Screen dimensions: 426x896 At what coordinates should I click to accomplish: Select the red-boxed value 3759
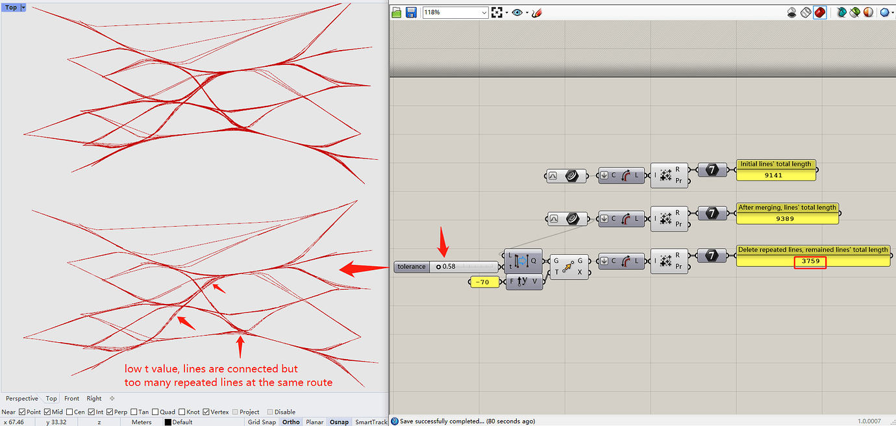point(810,261)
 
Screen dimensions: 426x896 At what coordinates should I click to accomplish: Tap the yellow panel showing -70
point(483,282)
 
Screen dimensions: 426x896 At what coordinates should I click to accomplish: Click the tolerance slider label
point(412,266)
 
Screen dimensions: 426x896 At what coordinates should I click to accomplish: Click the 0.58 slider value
point(449,266)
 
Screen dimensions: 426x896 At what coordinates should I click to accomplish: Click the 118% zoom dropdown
point(454,12)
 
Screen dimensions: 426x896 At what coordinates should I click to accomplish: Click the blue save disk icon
point(411,12)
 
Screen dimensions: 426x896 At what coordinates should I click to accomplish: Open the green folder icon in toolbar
point(397,12)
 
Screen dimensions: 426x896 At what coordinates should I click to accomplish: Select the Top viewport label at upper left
point(11,7)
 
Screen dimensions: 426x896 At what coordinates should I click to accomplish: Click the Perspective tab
point(21,398)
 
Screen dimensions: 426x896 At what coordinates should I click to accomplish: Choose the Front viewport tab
point(72,398)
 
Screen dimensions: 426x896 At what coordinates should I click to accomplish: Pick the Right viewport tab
point(94,398)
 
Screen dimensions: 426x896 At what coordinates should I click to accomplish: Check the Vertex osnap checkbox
point(206,412)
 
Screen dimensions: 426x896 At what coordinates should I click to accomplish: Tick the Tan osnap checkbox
point(134,412)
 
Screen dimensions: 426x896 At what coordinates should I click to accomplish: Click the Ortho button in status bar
point(291,422)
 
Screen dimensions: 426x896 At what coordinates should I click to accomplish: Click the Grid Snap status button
point(262,422)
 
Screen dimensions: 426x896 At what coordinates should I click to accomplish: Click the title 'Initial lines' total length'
point(776,164)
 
